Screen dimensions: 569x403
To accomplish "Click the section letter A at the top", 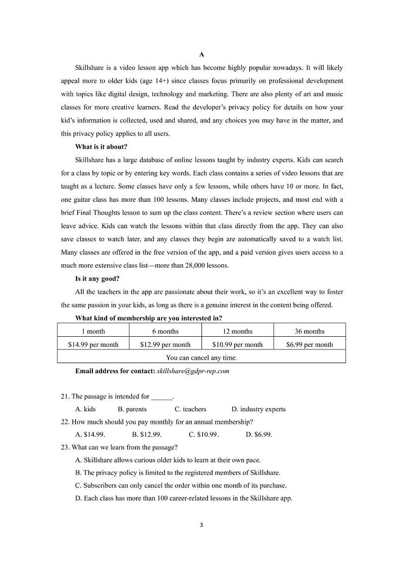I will point(201,54).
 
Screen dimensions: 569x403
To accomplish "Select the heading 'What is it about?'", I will point(102,147).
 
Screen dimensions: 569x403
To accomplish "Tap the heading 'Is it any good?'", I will point(97,278).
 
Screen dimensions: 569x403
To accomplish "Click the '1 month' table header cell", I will point(93,331).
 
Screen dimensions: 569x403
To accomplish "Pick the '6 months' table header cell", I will point(165,331).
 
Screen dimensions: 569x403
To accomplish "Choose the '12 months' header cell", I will point(238,331).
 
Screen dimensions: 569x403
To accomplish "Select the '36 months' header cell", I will point(310,331).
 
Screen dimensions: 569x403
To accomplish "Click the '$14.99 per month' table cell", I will point(93,344).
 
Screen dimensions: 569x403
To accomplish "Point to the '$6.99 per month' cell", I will point(310,344).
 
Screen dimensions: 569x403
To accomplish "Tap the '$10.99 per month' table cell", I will point(238,344).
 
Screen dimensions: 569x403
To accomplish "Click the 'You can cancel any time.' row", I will point(201,358).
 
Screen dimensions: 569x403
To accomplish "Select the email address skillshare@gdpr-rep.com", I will point(193,371).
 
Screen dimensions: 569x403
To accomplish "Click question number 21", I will point(64,397).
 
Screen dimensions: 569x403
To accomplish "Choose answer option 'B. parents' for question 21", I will point(132,409).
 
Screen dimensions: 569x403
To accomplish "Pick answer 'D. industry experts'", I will point(258,409).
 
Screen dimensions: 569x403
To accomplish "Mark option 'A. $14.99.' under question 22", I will point(90,435).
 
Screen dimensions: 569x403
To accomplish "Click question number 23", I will point(64,447).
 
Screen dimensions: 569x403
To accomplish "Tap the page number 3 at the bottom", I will point(201,525).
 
